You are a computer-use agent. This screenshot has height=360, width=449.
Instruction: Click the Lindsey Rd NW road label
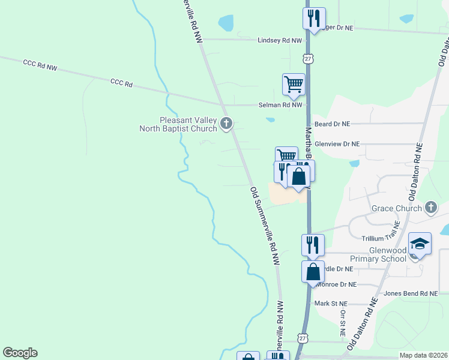279,40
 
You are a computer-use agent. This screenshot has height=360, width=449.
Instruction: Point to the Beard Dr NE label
332,124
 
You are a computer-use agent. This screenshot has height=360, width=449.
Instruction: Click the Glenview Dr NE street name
337,144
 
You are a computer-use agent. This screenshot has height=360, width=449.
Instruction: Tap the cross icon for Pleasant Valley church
226,124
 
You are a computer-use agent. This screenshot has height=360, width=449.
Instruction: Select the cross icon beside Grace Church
430,208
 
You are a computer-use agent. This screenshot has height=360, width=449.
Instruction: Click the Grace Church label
397,209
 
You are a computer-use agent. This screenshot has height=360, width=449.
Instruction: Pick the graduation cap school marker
420,244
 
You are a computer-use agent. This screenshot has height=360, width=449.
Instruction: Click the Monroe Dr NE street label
336,284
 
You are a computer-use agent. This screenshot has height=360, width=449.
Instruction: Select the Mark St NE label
331,304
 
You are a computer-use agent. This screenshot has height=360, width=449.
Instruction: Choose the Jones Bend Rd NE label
411,293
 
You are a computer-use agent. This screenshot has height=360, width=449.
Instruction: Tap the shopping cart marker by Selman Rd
294,83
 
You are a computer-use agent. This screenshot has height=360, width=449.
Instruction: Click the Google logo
20,353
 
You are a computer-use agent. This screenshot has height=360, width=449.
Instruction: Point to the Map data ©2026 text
423,355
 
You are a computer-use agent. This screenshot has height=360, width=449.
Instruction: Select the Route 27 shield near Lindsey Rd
307,58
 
